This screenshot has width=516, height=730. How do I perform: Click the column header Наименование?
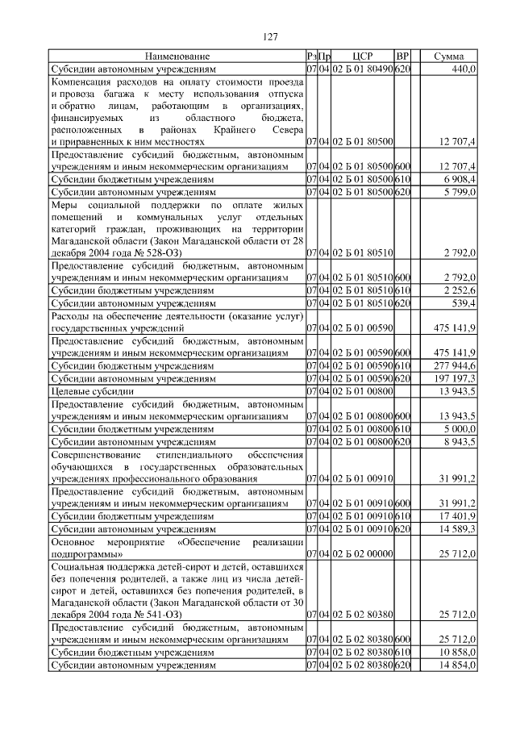[x=177, y=56]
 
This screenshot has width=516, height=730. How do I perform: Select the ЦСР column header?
[x=362, y=56]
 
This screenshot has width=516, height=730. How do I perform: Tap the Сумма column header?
[x=448, y=56]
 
